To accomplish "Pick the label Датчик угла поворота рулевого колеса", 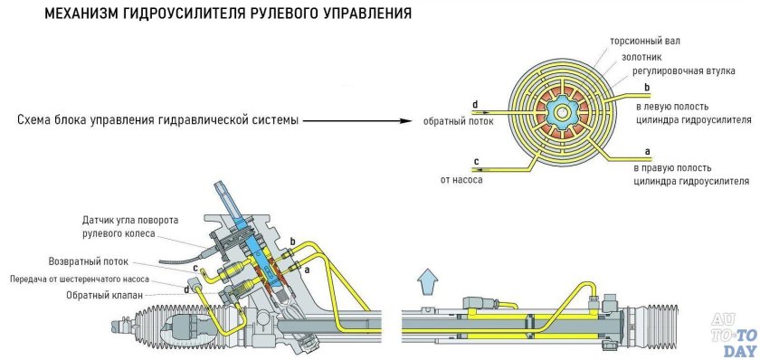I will click(131, 227).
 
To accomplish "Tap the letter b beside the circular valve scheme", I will click(645, 87).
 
